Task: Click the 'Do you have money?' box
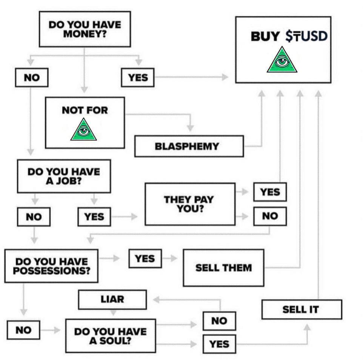tap(85, 29)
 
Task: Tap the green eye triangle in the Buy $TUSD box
tap(282, 60)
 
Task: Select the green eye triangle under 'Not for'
tap(83, 129)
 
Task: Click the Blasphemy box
tap(189, 146)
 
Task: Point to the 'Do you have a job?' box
tap(64, 176)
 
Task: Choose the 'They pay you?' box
tap(190, 204)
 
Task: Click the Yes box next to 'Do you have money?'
tap(138, 78)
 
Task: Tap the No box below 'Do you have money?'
tap(32, 78)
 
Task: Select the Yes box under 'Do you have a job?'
tap(94, 217)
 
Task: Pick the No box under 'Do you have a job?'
tap(34, 217)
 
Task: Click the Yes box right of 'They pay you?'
tap(270, 192)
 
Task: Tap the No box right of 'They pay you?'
tap(270, 216)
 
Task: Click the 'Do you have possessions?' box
tap(51, 266)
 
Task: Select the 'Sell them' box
tap(223, 268)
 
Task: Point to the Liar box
tap(112, 300)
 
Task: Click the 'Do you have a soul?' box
tap(110, 336)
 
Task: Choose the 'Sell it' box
tap(301, 309)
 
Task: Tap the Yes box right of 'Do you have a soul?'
tap(219, 344)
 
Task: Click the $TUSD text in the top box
tap(306, 37)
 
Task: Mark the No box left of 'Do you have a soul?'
tap(23, 330)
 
